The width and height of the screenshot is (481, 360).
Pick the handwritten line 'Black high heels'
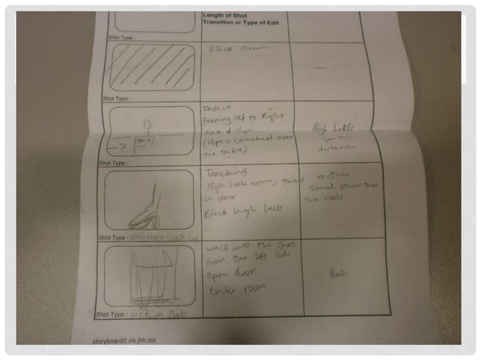pyautogui.click(x=234, y=214)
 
